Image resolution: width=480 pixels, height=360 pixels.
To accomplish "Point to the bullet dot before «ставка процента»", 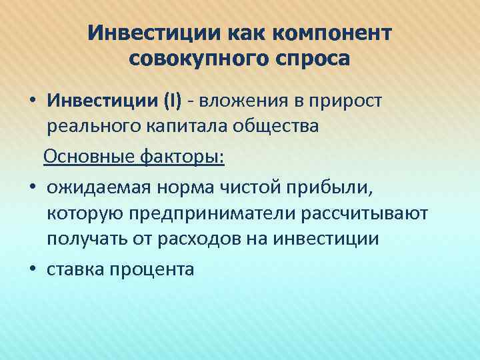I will (33, 269).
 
